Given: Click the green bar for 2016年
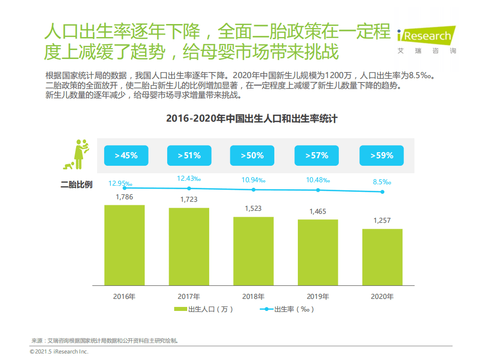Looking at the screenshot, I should point(124,245).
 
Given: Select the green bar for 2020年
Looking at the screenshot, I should point(382,257).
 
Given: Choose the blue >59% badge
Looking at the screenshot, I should point(382,156).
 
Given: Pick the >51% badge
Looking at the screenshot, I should point(189,156).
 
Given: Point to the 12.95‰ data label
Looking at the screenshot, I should point(120,184).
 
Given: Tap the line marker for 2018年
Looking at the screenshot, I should point(253,190).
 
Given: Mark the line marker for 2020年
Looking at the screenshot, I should point(382,192).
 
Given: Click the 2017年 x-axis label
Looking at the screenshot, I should point(189,296).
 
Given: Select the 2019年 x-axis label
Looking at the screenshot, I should point(318,296).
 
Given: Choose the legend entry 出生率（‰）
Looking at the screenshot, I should point(287,309).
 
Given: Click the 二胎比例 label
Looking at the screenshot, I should point(76,185).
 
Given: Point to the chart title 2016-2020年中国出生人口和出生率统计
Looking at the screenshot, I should point(252,119).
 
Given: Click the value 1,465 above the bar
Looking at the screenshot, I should point(317,211).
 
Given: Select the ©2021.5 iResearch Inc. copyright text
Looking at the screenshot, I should point(59,352).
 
